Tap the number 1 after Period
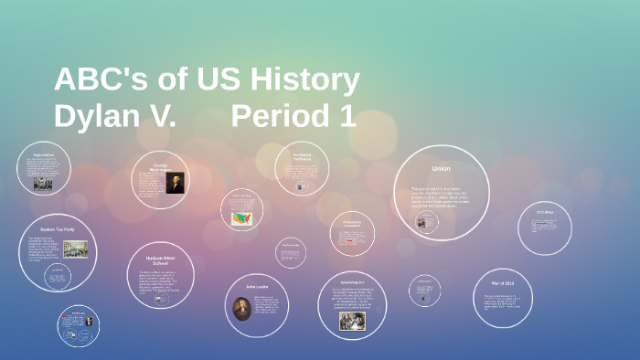coord(347,117)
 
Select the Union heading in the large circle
coord(441,168)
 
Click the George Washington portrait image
coord(174,183)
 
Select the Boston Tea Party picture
coord(75,249)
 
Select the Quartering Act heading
coord(353,282)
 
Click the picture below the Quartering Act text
coord(352,320)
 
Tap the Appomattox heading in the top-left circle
coord(43,155)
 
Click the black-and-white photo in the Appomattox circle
coord(42,183)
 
